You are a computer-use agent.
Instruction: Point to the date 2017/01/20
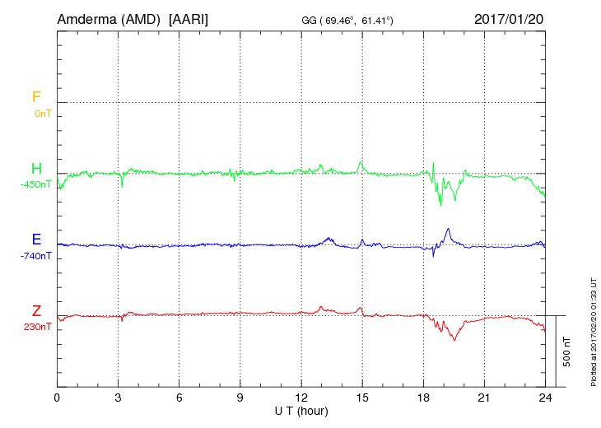coord(509,19)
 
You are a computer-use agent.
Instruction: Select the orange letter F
coord(36,97)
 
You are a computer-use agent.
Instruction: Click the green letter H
coord(36,169)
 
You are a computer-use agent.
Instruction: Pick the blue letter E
coord(36,240)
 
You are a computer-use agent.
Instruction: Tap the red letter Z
coord(36,310)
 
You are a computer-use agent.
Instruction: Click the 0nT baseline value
coord(43,113)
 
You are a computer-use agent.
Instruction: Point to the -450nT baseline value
coord(36,184)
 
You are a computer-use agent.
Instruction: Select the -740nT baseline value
coord(36,255)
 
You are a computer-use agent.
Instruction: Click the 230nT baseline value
coord(38,326)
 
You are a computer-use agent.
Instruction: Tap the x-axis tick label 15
coord(362,397)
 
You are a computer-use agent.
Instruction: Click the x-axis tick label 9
coord(240,397)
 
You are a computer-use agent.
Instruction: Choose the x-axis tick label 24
coord(545,397)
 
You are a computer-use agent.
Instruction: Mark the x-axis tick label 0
coord(57,397)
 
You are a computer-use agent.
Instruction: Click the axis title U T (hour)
coord(301,410)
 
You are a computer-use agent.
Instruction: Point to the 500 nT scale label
coord(566,351)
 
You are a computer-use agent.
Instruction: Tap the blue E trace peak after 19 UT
coord(447,229)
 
